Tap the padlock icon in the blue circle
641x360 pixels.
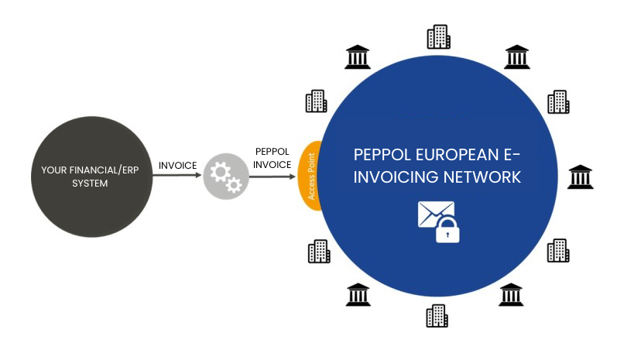click(447, 228)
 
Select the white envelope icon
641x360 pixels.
click(434, 213)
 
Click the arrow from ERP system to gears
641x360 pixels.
click(177, 175)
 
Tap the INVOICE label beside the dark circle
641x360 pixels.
click(178, 165)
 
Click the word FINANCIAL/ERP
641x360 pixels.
click(104, 170)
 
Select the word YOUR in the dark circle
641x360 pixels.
click(53, 170)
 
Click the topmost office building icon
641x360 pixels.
click(438, 36)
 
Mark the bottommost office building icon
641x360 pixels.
click(437, 315)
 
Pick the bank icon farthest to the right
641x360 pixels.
click(580, 177)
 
